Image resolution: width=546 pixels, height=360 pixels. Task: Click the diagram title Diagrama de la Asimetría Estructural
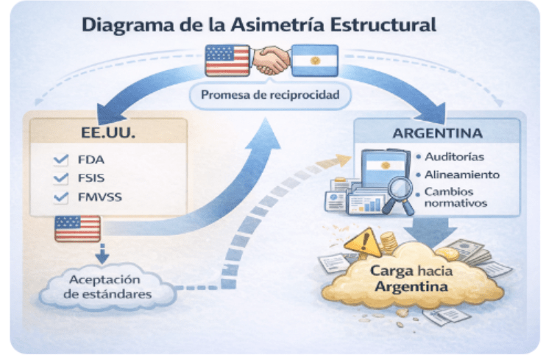pos(259,25)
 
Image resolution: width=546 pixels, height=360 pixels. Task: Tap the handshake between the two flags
pos(271,60)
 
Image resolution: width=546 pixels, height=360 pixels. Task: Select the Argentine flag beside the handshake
pos(314,60)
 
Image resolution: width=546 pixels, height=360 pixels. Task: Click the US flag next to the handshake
pos(227,60)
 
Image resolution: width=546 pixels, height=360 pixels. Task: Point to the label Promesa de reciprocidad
pos(270,94)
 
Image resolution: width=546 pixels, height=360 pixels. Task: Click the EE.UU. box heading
pos(108,133)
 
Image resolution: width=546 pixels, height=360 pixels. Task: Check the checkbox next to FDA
pos(61,160)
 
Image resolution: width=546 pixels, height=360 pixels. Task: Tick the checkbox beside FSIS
pos(61,178)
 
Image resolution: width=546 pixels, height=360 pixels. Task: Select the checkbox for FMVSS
pos(61,197)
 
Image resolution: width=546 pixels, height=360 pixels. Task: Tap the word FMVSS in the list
pos(100,197)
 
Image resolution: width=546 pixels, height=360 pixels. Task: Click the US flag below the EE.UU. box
pos(78,229)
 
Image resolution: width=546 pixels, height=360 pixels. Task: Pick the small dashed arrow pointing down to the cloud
pos(102,254)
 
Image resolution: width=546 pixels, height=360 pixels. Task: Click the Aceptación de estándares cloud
pos(107,287)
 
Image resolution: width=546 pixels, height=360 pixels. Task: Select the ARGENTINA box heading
pos(437,133)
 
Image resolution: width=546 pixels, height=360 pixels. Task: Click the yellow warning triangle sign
pos(364,242)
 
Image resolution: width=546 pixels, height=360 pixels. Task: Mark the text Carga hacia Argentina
pos(411,279)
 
